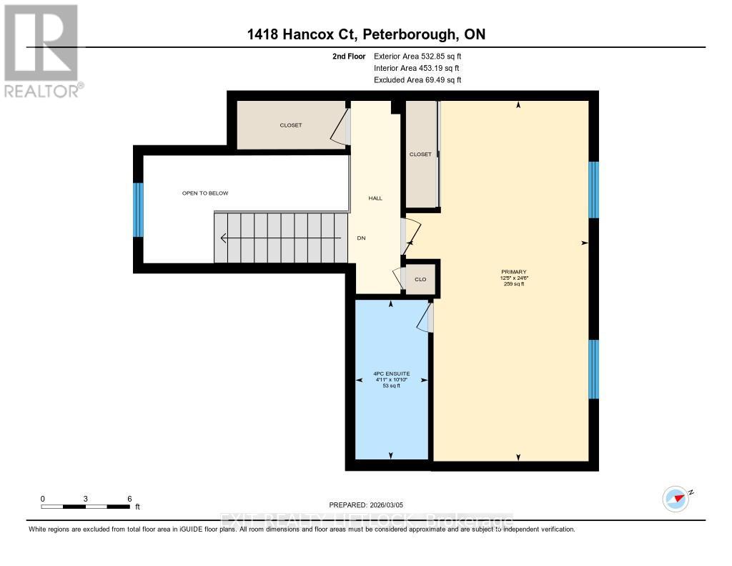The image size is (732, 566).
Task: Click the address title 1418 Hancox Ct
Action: click(366, 34)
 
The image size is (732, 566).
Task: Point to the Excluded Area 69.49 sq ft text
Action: click(417, 80)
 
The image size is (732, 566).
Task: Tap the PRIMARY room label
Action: click(514, 272)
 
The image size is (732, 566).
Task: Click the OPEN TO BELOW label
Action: click(205, 193)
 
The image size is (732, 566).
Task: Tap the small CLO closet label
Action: click(420, 279)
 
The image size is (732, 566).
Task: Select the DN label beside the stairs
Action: click(361, 238)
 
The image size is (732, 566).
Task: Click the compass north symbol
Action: click(676, 497)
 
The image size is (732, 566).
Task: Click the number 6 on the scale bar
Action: click(129, 498)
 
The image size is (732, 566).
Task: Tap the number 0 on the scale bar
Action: click(43, 498)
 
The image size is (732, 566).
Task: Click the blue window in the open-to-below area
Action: click(139, 210)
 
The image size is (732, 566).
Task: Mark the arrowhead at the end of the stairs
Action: click(224, 238)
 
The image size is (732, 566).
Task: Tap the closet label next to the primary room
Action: click(420, 154)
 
